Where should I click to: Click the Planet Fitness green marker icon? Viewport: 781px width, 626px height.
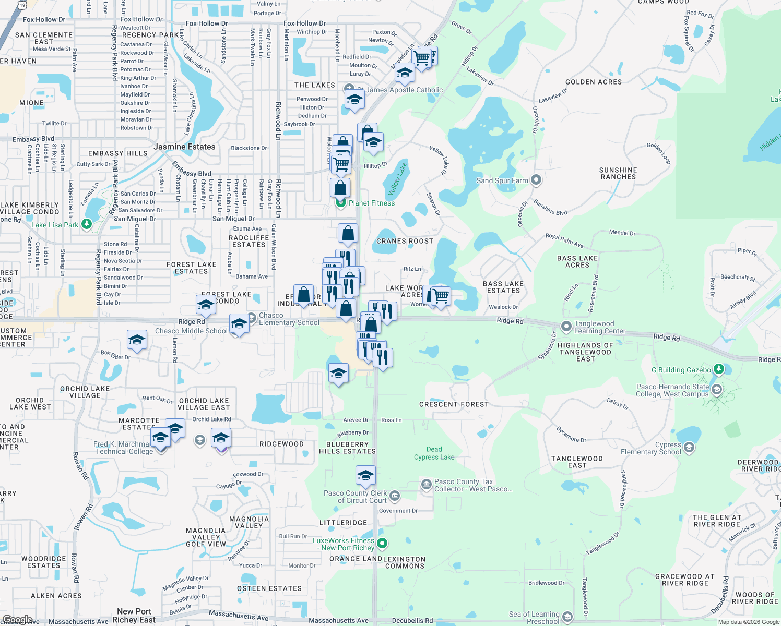[341, 203]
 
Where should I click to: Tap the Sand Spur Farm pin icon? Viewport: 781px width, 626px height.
[536, 180]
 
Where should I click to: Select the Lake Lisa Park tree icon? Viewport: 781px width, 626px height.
[87, 225]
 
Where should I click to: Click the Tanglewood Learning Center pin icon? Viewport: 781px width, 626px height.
[566, 327]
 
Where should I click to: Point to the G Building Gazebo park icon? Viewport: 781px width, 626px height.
[719, 370]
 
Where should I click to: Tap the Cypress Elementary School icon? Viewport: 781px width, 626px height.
[689, 448]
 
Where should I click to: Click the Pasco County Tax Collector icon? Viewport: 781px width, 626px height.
[427, 485]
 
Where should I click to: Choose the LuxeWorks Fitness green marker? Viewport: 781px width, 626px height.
[382, 544]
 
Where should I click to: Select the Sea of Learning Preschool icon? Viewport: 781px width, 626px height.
[567, 617]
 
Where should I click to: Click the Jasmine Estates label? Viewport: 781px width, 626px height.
[184, 147]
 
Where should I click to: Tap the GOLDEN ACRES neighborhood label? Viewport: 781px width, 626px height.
[594, 82]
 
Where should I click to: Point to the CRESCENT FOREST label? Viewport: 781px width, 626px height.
[454, 404]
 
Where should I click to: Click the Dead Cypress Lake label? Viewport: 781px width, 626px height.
[434, 453]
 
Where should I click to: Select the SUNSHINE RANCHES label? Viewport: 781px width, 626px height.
[618, 173]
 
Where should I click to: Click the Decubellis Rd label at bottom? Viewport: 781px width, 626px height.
[412, 621]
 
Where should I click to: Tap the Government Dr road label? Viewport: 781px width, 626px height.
[398, 511]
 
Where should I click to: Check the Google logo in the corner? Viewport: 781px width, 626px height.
[17, 619]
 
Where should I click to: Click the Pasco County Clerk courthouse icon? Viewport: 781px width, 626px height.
[395, 496]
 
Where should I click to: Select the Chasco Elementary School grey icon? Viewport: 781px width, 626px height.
[251, 317]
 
